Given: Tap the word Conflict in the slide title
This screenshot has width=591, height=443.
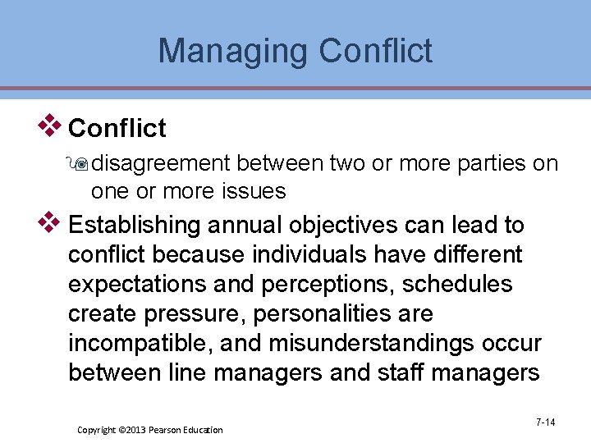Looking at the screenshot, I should pyautogui.click(x=376, y=51).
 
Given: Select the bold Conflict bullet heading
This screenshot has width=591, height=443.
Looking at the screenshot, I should pyautogui.click(x=117, y=128).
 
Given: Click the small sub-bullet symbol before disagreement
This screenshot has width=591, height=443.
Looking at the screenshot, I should pyautogui.click(x=81, y=164).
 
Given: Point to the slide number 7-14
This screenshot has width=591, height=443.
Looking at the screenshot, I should pyautogui.click(x=545, y=422).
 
